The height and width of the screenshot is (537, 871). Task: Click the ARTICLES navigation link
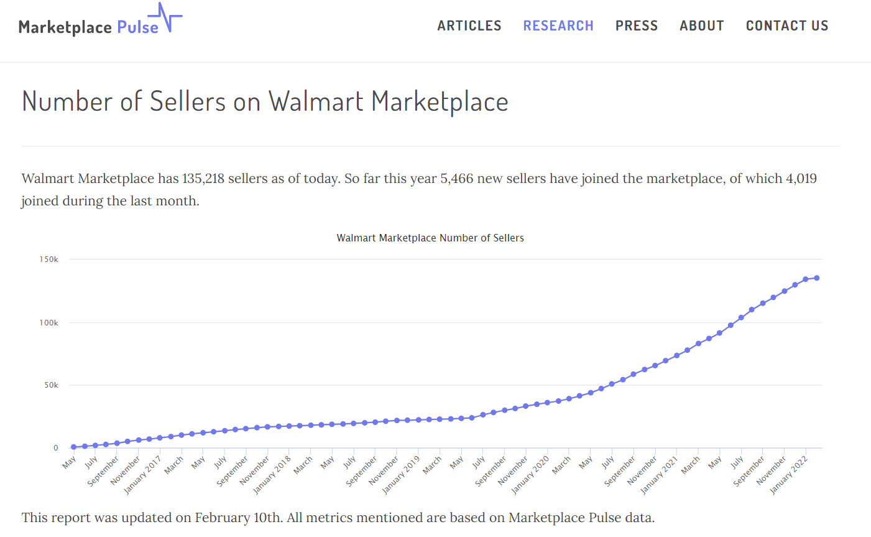(x=469, y=26)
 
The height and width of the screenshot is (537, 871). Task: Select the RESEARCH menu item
(x=558, y=26)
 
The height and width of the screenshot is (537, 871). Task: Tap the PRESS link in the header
(x=636, y=26)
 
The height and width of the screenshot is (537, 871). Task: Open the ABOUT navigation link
(x=701, y=26)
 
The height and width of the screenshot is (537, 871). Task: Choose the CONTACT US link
(x=786, y=26)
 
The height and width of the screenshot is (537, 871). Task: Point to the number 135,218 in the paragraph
(x=203, y=179)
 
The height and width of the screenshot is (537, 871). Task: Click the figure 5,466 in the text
(x=456, y=179)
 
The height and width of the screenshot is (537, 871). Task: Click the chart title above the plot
(x=430, y=238)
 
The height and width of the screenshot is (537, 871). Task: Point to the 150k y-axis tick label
(x=48, y=259)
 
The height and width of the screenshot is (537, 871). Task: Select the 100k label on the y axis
(x=48, y=322)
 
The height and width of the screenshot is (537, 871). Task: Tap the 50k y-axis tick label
(x=51, y=385)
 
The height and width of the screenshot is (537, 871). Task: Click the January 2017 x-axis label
(x=143, y=474)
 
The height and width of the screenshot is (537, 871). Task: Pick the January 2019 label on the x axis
(x=402, y=474)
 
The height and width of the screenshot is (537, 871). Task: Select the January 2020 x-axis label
(x=530, y=474)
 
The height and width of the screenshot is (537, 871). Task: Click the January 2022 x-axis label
(x=789, y=474)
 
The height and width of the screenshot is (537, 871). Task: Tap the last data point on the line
(x=816, y=278)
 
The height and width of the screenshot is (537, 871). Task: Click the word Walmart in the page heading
(x=315, y=101)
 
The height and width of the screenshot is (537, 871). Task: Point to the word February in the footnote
(x=222, y=518)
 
